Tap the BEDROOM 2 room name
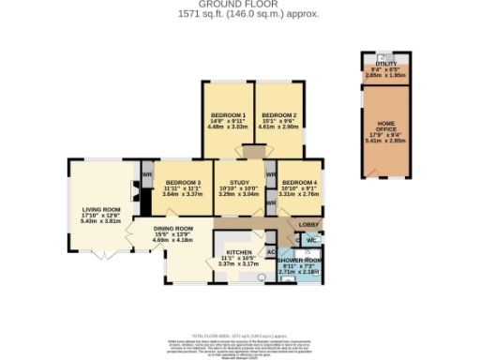point(278,114)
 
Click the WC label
point(311,240)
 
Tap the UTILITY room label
point(386,62)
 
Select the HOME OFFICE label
point(386,126)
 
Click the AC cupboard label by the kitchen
point(270,252)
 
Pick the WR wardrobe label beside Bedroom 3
point(147,175)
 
